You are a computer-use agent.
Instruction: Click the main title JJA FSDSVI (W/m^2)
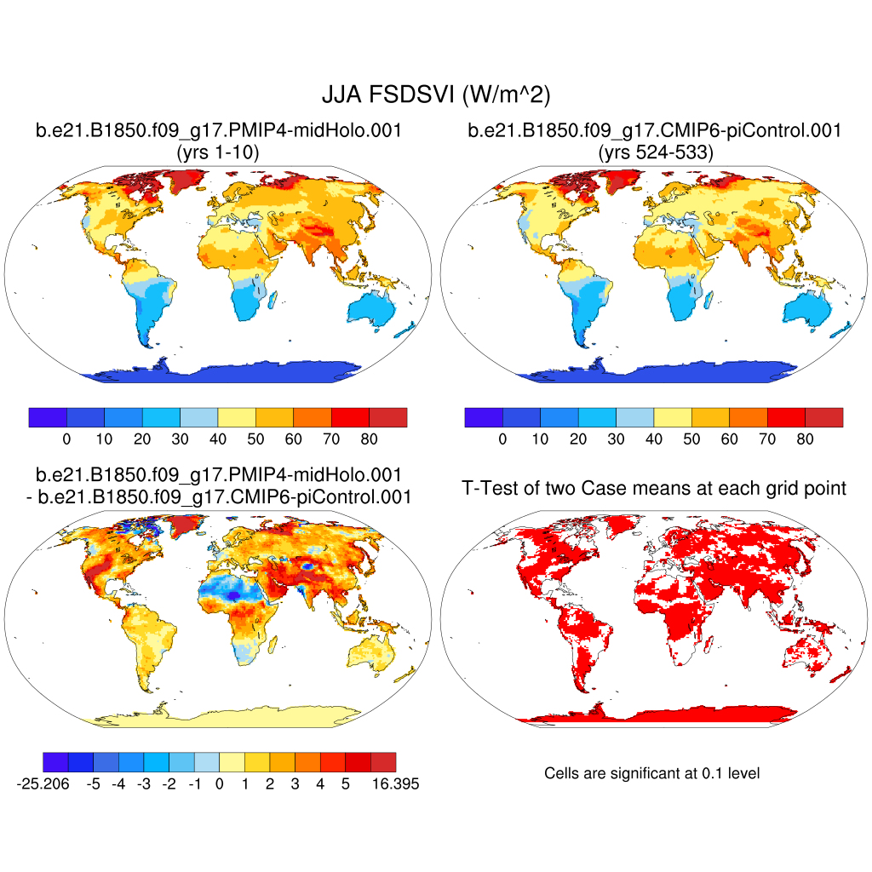coord(435,95)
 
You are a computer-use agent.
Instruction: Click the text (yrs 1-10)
coord(217,152)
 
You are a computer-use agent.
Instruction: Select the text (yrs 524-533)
coord(654,152)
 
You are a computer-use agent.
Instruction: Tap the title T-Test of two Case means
coord(654,488)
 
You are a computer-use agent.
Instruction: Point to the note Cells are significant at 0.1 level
coord(651,773)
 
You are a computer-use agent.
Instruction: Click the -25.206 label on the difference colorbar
coord(42,784)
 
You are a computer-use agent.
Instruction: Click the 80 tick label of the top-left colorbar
coord(369,439)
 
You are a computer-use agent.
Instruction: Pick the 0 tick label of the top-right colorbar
coord(502,439)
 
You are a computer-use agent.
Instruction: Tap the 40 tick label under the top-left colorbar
coord(218,439)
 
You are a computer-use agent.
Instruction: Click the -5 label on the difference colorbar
coord(94,784)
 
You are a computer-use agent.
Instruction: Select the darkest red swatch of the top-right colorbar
coord(823,417)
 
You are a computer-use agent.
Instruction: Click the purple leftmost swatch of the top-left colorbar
coord(48,417)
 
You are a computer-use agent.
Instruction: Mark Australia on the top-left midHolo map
coord(376,312)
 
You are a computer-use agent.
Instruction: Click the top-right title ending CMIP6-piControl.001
coord(654,131)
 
